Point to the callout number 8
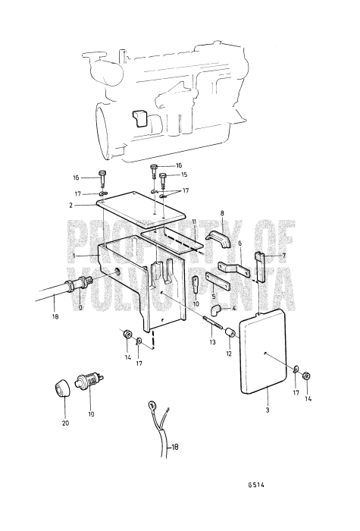(x=222, y=215)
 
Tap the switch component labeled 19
(x=92, y=377)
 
